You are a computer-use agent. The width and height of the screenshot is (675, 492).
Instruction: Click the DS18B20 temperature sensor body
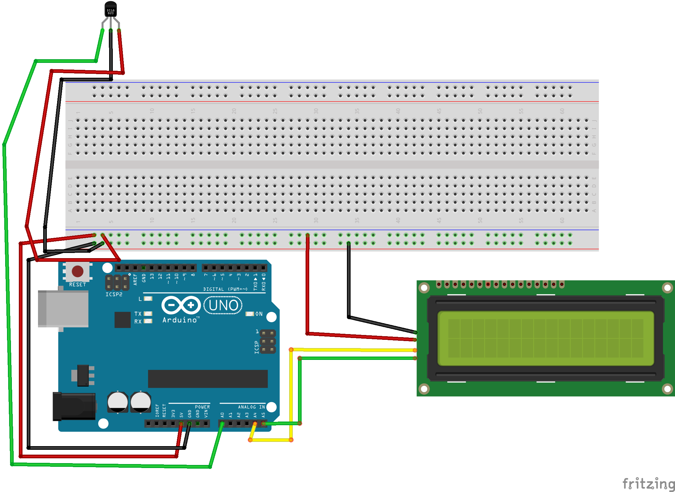(x=110, y=9)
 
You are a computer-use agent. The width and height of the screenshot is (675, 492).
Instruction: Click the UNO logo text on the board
(x=223, y=305)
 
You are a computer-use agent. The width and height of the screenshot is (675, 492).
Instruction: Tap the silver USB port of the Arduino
(x=63, y=309)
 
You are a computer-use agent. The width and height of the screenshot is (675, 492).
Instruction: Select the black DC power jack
(x=74, y=406)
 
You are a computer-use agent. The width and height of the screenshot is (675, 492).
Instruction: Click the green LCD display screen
(x=545, y=338)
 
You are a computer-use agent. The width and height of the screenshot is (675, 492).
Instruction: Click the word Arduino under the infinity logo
(x=180, y=320)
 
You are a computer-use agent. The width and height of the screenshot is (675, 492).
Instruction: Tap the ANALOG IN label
(x=251, y=407)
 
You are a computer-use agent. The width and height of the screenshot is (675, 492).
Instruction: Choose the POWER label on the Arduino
(x=202, y=407)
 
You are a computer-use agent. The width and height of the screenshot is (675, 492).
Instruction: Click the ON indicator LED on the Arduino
(x=250, y=314)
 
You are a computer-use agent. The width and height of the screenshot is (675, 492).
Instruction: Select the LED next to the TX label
(x=148, y=313)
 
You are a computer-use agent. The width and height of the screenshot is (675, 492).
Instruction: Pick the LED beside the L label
(x=148, y=299)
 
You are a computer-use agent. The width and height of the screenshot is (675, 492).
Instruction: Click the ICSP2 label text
(x=114, y=294)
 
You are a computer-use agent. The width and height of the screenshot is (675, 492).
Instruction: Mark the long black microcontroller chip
(x=208, y=379)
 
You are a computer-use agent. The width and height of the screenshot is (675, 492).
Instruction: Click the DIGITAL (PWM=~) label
(x=225, y=289)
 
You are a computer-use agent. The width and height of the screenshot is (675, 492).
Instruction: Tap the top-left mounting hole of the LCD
(x=424, y=288)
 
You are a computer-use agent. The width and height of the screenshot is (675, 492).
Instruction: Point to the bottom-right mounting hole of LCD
(x=667, y=389)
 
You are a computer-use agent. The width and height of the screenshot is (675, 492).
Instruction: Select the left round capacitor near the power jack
(x=118, y=401)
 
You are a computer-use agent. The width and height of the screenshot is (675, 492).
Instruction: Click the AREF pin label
(x=135, y=279)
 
